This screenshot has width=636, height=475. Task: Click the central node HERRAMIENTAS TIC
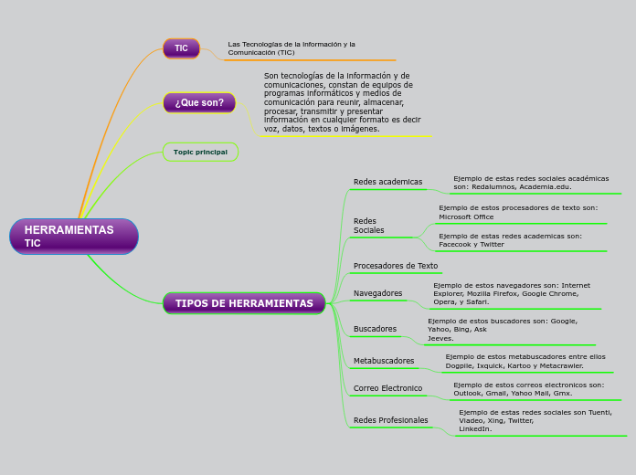pyautogui.click(x=73, y=236)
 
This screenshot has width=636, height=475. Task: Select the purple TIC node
pyautogui.click(x=181, y=48)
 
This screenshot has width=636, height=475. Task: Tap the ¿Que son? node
pyautogui.click(x=199, y=102)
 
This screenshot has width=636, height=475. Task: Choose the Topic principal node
pyautogui.click(x=200, y=152)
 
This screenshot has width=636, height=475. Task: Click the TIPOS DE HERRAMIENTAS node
pyautogui.click(x=244, y=303)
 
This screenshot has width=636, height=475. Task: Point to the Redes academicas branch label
pyautogui.click(x=387, y=182)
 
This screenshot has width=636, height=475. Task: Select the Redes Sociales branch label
pyautogui.click(x=369, y=226)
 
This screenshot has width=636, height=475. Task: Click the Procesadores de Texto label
pyautogui.click(x=396, y=266)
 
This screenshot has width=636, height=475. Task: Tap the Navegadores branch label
pyautogui.click(x=377, y=293)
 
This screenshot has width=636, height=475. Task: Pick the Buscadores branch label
pyautogui.click(x=375, y=329)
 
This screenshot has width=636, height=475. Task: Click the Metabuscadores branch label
pyautogui.click(x=384, y=361)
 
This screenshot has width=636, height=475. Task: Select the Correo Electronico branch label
pyautogui.click(x=387, y=388)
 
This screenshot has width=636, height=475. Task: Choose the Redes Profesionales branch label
pyautogui.click(x=390, y=420)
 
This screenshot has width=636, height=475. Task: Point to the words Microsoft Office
pyautogui.click(x=466, y=217)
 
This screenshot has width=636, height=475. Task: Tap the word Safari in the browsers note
pyautogui.click(x=477, y=301)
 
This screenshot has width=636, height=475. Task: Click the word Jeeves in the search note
pyautogui.click(x=440, y=338)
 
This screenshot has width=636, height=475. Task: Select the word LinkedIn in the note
pyautogui.click(x=474, y=428)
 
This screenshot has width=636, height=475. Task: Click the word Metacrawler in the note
pyautogui.click(x=556, y=365)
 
